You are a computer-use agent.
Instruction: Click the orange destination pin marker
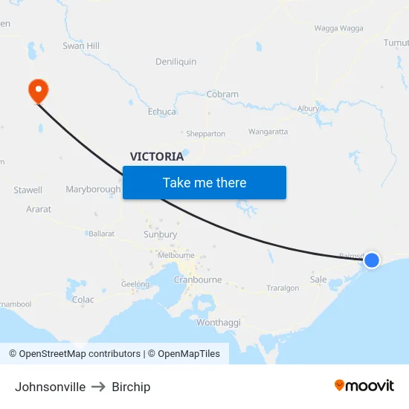pyautogui.click(x=37, y=91)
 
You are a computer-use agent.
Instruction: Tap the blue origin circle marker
pyautogui.click(x=372, y=260)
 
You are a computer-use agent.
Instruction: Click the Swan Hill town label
pyautogui.click(x=81, y=46)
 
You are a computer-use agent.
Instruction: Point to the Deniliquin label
pyautogui.click(x=175, y=62)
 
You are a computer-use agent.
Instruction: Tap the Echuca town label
pyautogui.click(x=162, y=112)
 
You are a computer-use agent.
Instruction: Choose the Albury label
pyautogui.click(x=308, y=109)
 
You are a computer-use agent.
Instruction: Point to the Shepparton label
pyautogui.click(x=205, y=134)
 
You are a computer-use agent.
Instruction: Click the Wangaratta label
pyautogui.click(x=268, y=132)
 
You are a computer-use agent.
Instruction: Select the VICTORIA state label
pyautogui.click(x=157, y=156)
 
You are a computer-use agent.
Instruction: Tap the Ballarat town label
pyautogui.click(x=101, y=234)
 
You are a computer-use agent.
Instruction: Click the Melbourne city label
pyautogui.click(x=176, y=255)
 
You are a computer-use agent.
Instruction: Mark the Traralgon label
pyautogui.click(x=283, y=288)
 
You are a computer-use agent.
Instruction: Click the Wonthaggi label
pyautogui.click(x=219, y=323)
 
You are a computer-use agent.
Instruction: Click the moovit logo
pyautogui.click(x=364, y=386)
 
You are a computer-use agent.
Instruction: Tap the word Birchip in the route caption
pyautogui.click(x=131, y=387)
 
